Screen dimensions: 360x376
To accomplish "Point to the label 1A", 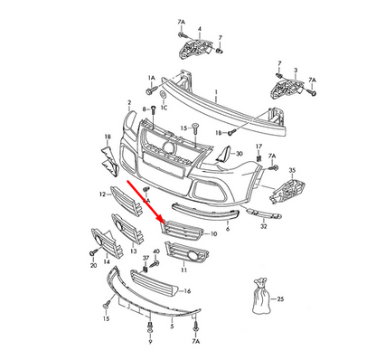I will click(151, 79).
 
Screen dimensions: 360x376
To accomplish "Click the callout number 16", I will click(187, 291).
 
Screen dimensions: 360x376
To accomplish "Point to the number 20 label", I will click(92, 268).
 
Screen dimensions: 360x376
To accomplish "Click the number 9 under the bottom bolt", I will click(150, 345).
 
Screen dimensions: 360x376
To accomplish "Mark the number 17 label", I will click(258, 147).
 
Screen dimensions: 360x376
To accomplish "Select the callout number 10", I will click(213, 233).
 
